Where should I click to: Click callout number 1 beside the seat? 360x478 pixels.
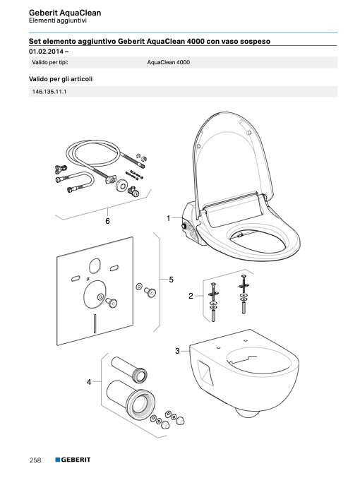pos(168,218)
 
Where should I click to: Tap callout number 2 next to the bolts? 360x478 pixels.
pos(191,296)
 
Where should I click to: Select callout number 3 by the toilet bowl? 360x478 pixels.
pos(177,351)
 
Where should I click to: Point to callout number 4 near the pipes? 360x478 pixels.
pos(89,382)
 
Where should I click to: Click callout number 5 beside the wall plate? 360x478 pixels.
pos(172,279)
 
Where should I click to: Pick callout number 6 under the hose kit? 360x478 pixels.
pos(107,221)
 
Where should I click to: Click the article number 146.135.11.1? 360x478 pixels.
pos(49,92)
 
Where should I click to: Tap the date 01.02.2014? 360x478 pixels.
pos(47,52)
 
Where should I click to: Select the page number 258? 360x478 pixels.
pos(35,460)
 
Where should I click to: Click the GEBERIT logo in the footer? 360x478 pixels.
pos(73,460)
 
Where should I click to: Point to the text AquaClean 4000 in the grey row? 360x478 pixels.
pos(169,63)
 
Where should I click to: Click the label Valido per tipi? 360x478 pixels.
pos(50,63)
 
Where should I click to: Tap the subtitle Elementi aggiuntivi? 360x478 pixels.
pos(58,20)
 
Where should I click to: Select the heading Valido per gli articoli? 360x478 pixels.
pos(61,79)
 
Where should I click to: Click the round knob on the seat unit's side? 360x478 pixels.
pos(184,227)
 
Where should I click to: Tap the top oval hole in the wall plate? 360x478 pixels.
pos(95,265)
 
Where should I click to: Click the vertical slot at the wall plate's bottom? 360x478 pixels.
pos(95,323)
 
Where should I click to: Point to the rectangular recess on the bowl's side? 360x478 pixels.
pos(205,373)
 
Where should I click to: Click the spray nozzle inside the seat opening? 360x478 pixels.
pos(240,234)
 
